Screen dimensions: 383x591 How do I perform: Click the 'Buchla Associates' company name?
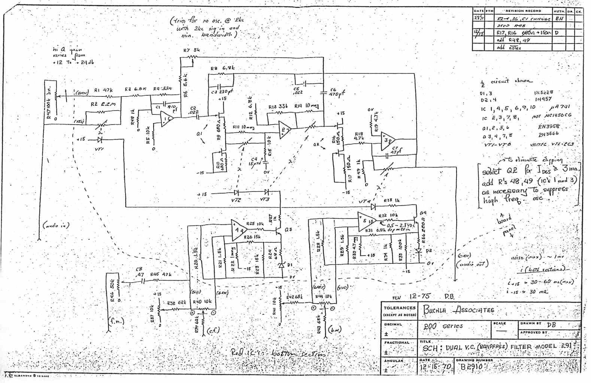click(459, 310)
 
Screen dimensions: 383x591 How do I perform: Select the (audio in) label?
click(56, 225)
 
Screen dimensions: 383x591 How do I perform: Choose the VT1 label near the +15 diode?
click(100, 149)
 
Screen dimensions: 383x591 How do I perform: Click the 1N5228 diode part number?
click(543, 92)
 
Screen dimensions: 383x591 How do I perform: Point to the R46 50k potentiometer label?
click(112, 289)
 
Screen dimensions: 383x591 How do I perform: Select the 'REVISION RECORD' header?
click(523, 11)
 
